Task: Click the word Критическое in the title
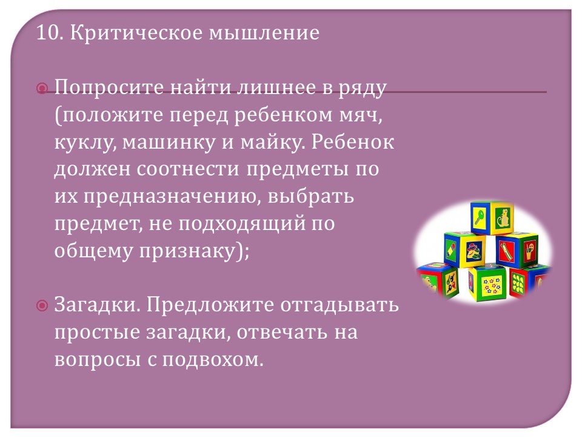136,33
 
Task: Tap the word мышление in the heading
264,33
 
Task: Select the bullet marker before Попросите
42,89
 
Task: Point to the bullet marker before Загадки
42,306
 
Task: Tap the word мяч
361,115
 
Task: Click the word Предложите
210,305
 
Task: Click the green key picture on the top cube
480,217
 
